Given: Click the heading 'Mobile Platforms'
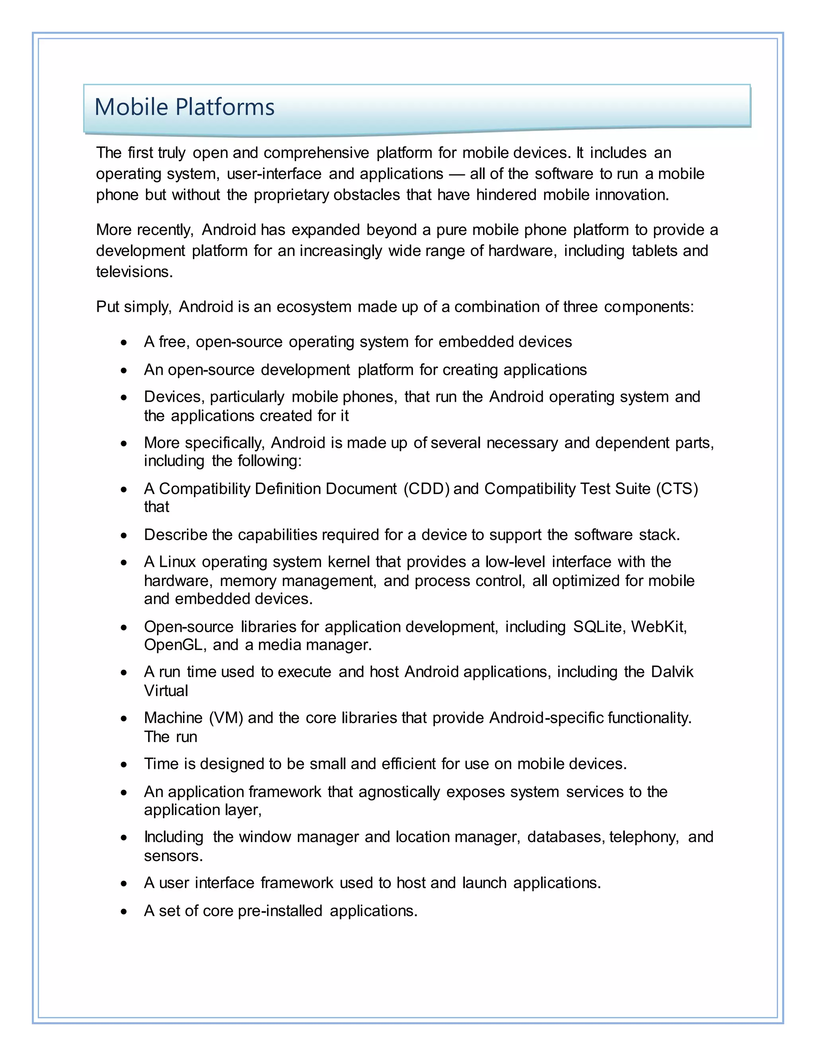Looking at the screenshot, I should [x=184, y=107].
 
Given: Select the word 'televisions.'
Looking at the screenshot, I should [x=134, y=272].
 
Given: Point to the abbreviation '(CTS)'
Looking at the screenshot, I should [x=677, y=489].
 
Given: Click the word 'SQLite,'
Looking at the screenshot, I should [x=599, y=627].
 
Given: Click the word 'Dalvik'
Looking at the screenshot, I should [x=672, y=672].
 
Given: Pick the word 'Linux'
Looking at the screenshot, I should [x=177, y=562].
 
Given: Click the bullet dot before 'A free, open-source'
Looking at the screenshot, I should [x=125, y=343].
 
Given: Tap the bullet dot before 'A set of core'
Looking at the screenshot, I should [x=125, y=912].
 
